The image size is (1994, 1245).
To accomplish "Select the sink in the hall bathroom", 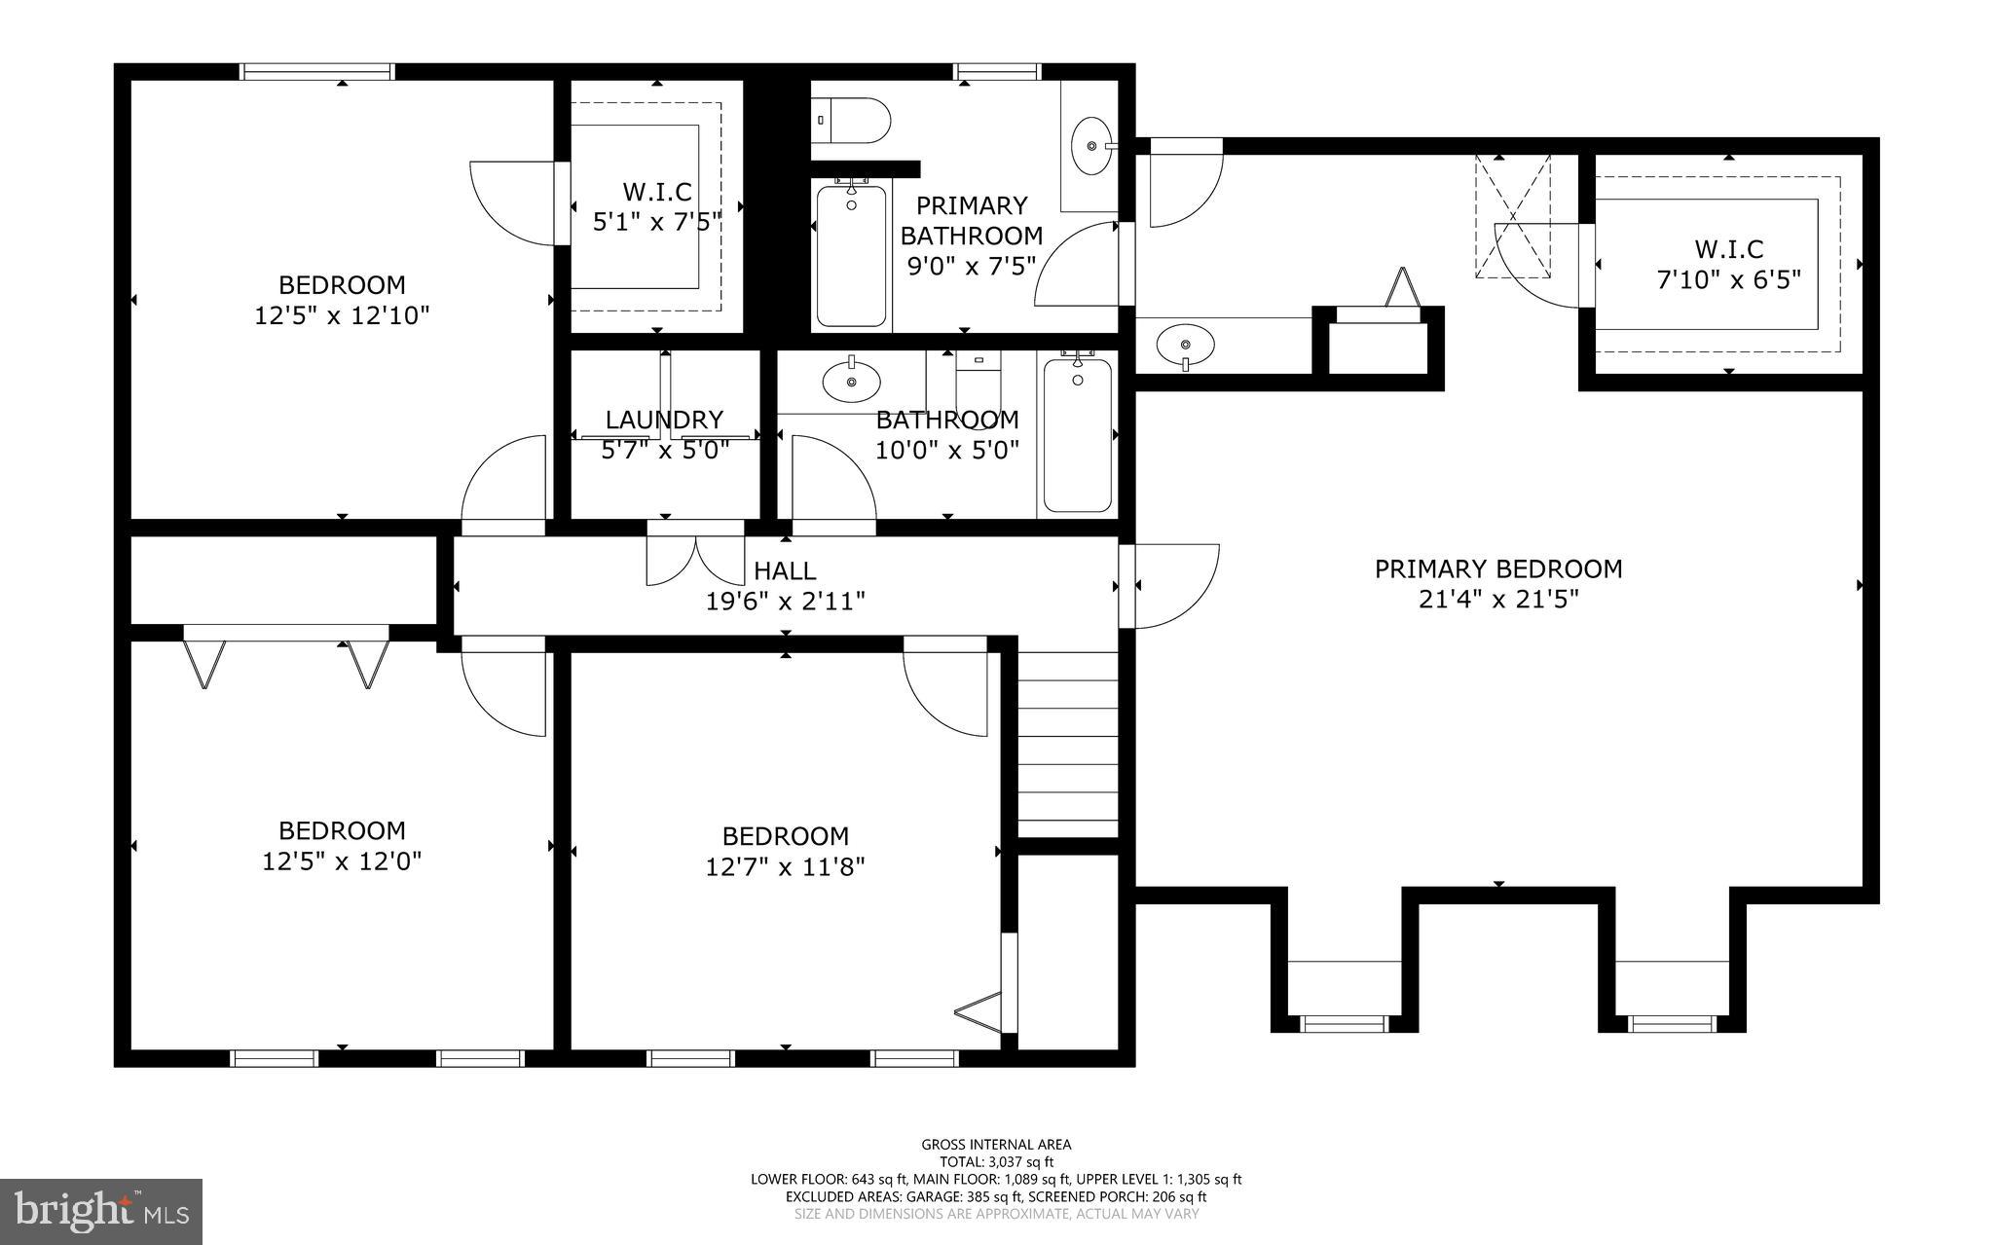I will point(851,382).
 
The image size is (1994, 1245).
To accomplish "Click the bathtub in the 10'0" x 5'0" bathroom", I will point(1077,435).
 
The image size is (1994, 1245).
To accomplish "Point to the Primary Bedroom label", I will point(1497,568).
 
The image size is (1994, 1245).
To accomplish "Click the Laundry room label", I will point(664,420).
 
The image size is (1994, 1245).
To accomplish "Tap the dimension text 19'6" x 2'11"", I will point(785,602).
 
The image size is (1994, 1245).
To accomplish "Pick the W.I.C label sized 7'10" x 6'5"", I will point(1728,249).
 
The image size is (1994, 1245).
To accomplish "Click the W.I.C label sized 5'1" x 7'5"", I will point(657,192).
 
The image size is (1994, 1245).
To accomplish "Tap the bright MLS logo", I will point(101,1211).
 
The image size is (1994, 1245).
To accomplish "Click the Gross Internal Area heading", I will point(996,1145).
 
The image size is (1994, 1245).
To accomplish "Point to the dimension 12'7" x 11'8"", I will point(785,866).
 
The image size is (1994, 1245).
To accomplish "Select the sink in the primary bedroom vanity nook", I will point(1185,345).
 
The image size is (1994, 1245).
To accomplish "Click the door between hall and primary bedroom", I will point(1168,586).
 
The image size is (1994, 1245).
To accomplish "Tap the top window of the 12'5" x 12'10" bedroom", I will point(317,71).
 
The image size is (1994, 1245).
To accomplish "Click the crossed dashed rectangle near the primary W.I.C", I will point(1512,216).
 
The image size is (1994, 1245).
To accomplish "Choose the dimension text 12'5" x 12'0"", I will point(342,861).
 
